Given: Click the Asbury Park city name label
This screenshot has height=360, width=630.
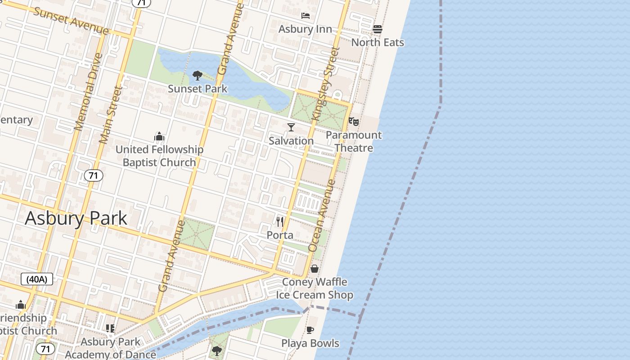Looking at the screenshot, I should (x=76, y=219).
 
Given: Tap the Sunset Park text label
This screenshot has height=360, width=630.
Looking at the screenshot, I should (x=198, y=89).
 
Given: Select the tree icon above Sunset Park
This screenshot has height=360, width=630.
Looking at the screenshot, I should (x=197, y=75).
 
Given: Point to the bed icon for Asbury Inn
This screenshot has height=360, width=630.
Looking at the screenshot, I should (x=306, y=16).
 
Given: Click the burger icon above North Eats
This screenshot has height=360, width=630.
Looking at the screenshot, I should (x=378, y=29).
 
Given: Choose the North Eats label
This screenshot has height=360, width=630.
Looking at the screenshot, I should (x=378, y=42).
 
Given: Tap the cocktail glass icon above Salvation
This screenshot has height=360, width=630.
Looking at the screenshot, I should (x=291, y=127).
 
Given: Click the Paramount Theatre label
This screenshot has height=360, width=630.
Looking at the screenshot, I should (x=354, y=141).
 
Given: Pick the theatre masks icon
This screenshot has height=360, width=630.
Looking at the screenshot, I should (x=354, y=121).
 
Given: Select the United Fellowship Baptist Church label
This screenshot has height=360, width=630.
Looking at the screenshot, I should (x=159, y=156).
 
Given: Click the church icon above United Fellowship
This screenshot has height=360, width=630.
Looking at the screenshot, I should (x=159, y=136).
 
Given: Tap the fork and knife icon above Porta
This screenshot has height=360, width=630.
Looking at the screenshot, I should (x=279, y=221).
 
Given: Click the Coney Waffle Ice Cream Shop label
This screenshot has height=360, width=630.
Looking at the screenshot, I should (x=314, y=288).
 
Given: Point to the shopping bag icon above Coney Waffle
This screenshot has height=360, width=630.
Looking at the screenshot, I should (x=314, y=269).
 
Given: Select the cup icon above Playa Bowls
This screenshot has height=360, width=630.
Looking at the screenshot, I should (x=310, y=330).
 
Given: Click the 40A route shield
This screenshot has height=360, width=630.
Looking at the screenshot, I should (x=37, y=279).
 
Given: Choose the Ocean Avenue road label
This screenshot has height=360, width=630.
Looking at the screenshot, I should (x=322, y=216).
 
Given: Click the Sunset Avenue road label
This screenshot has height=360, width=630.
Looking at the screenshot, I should (x=71, y=21).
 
